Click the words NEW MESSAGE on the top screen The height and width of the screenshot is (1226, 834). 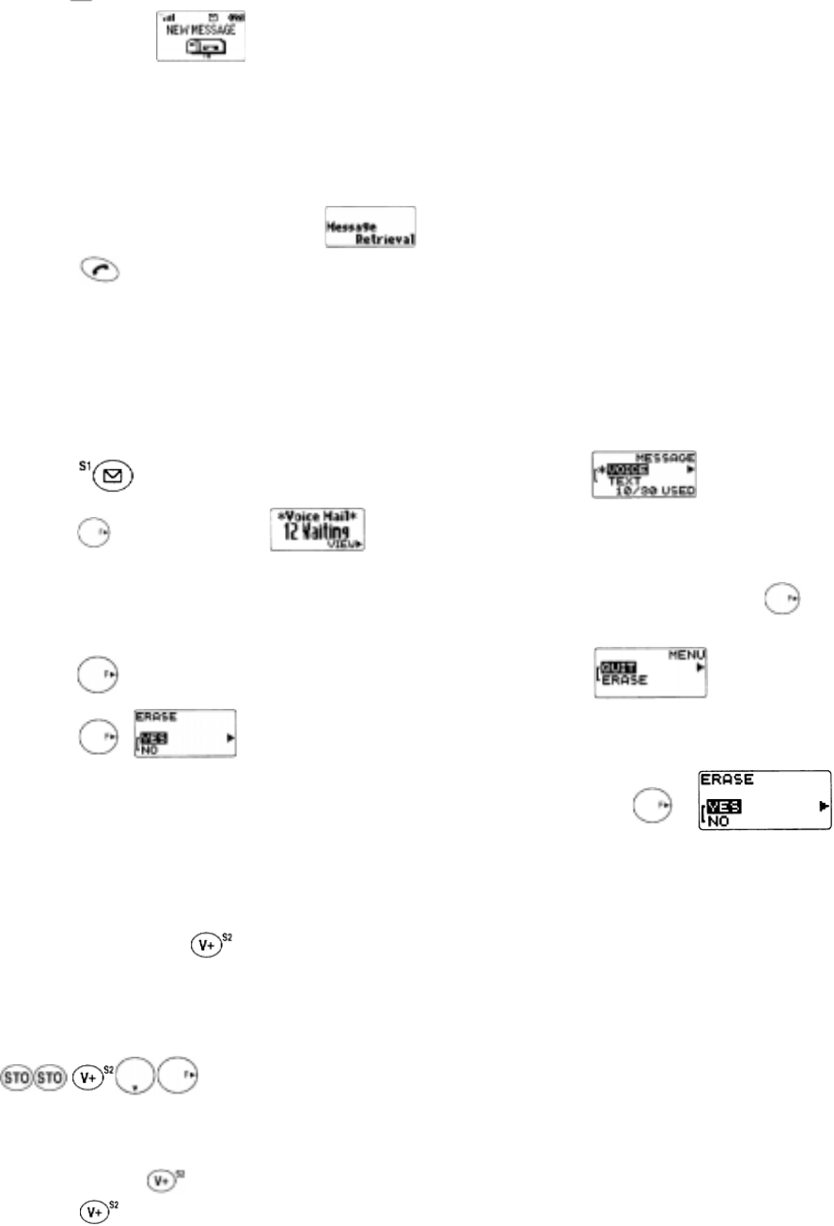click(200, 28)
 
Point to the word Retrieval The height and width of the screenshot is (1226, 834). click(386, 239)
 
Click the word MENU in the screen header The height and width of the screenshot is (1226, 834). click(689, 653)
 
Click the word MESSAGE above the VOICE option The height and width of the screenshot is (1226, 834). click(669, 456)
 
